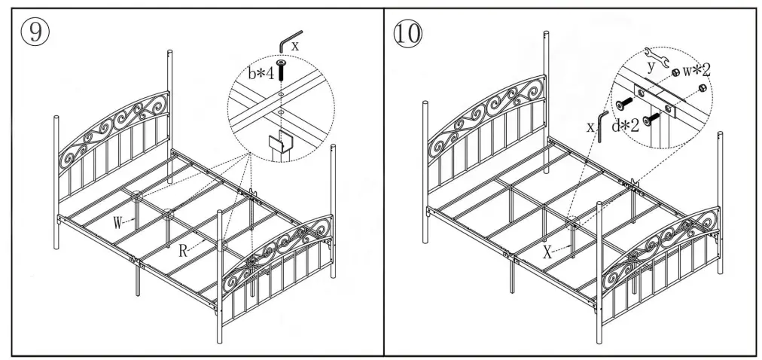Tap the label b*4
coord(260,73)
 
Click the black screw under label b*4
coord(280,73)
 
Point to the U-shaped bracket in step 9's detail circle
coord(279,143)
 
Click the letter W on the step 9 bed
coord(118,223)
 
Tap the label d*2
coord(625,125)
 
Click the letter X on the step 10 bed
coord(547,252)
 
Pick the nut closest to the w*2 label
coord(677,72)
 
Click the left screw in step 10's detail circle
coord(624,104)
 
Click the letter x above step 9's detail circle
coord(296,45)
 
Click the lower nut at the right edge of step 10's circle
coord(702,88)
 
